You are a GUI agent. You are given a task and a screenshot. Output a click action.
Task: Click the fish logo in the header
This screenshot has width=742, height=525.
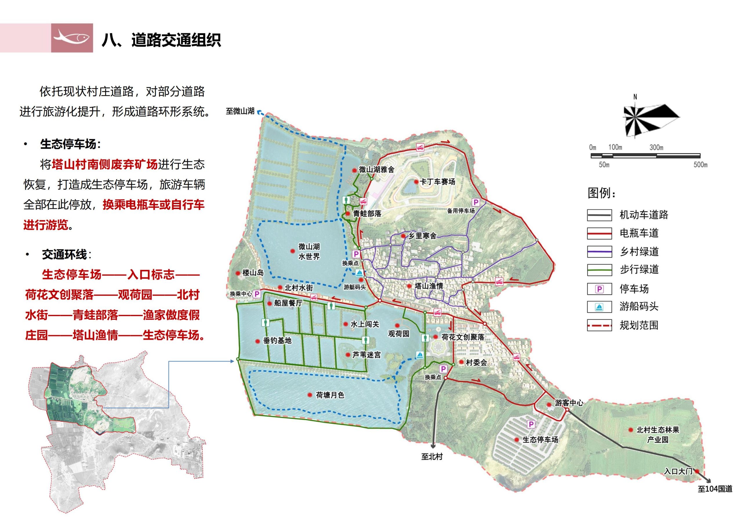[72, 37]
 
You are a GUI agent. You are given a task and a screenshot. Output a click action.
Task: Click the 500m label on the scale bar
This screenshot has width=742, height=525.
[700, 165]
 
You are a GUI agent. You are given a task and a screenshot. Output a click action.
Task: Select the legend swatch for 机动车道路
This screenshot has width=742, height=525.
[599, 215]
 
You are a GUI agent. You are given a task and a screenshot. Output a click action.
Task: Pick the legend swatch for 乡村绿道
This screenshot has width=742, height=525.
[599, 252]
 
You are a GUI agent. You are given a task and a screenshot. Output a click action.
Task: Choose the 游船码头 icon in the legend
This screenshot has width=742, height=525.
[599, 307]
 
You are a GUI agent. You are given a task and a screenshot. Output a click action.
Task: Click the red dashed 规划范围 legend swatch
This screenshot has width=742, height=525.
[599, 325]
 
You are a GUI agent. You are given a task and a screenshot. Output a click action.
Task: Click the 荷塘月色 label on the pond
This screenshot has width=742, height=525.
[330, 395]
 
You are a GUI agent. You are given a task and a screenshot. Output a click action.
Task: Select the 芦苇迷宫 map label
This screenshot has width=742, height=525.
[366, 355]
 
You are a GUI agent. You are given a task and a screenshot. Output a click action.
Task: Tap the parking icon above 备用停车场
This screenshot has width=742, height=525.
[476, 202]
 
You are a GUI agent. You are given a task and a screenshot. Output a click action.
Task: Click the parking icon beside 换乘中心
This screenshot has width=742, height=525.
[257, 294]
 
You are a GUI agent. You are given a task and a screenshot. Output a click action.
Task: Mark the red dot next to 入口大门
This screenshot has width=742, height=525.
[697, 471]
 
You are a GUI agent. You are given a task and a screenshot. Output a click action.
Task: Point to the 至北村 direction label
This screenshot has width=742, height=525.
[432, 457]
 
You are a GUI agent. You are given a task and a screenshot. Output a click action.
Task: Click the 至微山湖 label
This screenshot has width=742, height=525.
[240, 111]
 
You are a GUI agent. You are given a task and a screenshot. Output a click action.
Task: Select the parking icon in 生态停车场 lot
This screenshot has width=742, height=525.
[531, 424]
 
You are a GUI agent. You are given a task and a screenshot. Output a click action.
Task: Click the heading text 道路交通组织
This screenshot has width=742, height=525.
[177, 40]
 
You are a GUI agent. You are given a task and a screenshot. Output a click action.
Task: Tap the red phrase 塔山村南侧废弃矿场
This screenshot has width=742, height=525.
[104, 164]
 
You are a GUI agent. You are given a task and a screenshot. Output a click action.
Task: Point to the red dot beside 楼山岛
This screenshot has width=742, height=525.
[238, 273]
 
